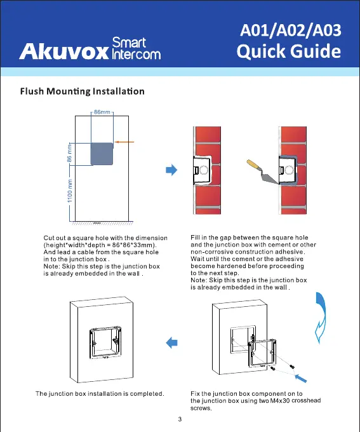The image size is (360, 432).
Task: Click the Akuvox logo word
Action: click(x=64, y=51)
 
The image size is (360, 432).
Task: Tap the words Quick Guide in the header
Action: click(x=289, y=51)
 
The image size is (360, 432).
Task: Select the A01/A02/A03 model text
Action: click(x=291, y=30)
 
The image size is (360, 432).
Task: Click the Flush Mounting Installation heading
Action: click(x=82, y=91)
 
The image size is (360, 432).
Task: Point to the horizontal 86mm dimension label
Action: click(x=102, y=112)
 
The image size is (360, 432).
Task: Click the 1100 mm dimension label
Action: click(x=70, y=191)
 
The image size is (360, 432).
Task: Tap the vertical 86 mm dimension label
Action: click(x=69, y=154)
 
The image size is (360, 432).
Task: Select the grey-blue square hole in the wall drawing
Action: click(x=102, y=154)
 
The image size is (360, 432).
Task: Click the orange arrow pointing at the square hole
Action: click(x=124, y=142)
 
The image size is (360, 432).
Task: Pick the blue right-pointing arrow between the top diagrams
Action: click(x=171, y=170)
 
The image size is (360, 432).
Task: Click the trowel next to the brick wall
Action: click(x=262, y=172)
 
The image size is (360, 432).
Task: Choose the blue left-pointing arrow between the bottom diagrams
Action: click(x=171, y=342)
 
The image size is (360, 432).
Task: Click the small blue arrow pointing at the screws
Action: click(x=300, y=378)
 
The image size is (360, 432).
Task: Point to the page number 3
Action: click(x=180, y=419)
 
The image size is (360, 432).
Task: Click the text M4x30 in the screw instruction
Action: click(x=280, y=401)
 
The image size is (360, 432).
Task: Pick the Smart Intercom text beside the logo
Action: click(x=136, y=48)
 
